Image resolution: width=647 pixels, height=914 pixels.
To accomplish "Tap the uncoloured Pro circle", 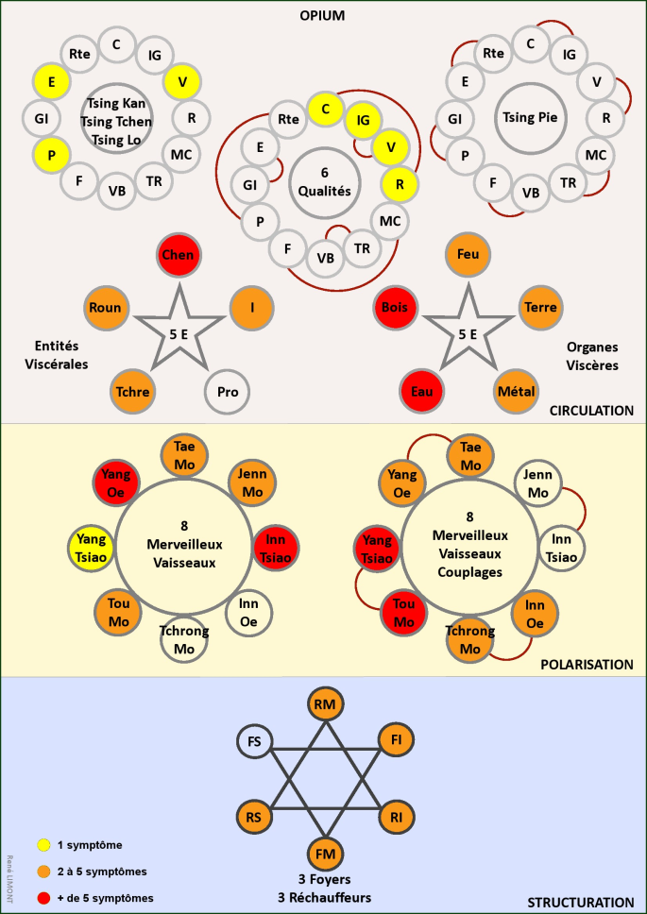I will point(228,391).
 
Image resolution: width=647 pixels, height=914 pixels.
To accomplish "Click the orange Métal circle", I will point(515,391).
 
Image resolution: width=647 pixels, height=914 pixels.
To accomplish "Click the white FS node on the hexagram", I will point(254,742).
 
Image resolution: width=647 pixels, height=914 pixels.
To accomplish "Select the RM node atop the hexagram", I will point(325,704).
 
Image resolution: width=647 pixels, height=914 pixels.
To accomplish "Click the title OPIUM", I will point(323,17).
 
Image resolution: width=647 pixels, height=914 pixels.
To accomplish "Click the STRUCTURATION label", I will point(580,903).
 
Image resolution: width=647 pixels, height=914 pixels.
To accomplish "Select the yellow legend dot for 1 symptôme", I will point(43,844).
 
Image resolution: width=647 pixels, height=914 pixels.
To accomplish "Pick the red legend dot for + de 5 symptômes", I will point(43,898).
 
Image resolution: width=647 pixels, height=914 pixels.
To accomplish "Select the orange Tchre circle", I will point(133,391).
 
